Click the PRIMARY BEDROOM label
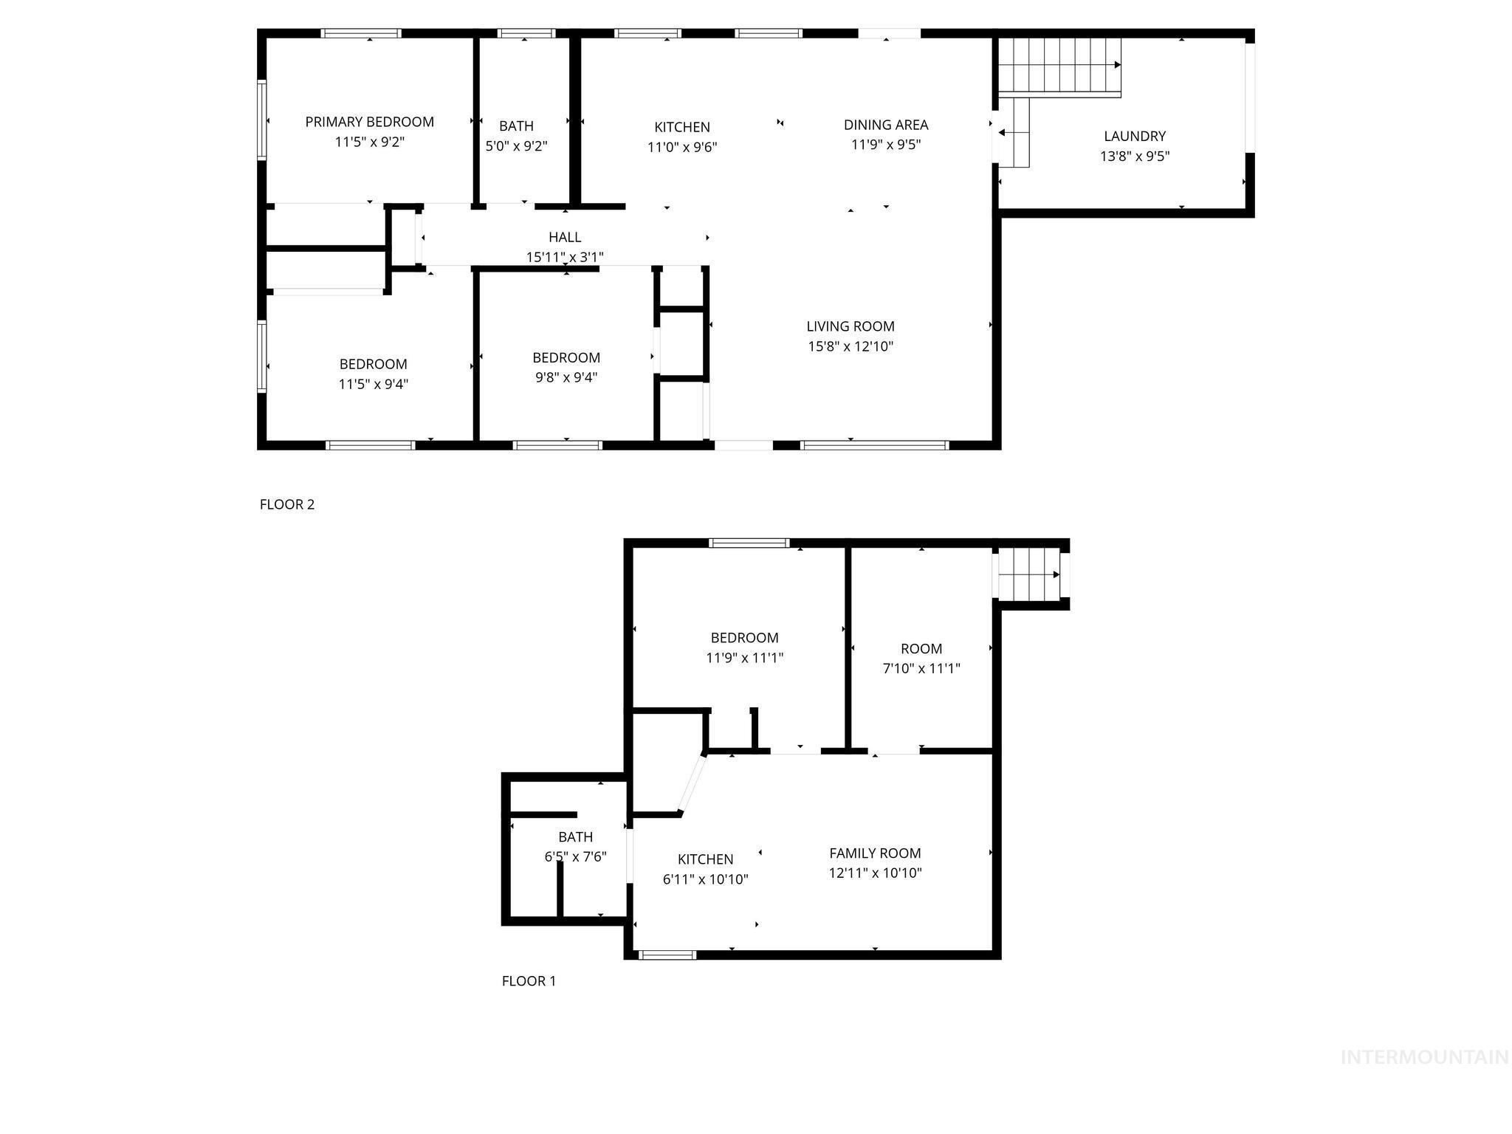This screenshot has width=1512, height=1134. click(x=369, y=122)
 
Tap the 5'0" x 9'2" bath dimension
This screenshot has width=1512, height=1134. click(x=516, y=146)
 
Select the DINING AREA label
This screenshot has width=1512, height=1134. click(x=886, y=125)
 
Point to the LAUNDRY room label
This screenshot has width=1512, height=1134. click(x=1135, y=136)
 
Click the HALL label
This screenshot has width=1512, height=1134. click(x=565, y=237)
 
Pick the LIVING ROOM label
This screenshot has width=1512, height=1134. click(x=850, y=326)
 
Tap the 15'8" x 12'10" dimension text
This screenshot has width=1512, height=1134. click(x=850, y=346)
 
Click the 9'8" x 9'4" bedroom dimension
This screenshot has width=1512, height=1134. click(x=566, y=377)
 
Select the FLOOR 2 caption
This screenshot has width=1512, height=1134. click(x=287, y=504)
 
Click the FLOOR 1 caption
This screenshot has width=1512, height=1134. click(x=529, y=980)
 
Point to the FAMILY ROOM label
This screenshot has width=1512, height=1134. click(x=875, y=853)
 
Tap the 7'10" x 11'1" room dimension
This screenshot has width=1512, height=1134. click(x=921, y=669)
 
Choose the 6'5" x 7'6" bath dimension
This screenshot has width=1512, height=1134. click(x=575, y=857)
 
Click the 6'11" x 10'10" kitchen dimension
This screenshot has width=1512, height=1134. click(x=705, y=879)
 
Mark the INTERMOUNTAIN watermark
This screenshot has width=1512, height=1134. click(x=1424, y=1057)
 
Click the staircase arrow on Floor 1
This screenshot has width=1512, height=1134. click(x=1056, y=574)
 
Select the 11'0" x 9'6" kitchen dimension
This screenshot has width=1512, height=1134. click(x=682, y=147)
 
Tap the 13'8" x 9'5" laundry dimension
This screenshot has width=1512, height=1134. click(x=1135, y=156)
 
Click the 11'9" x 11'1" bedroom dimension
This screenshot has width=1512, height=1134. click(x=744, y=658)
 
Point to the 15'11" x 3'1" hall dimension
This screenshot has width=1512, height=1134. click(x=565, y=257)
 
